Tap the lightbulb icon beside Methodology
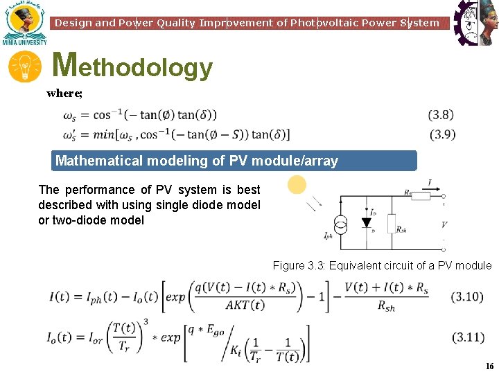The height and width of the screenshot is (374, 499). pos(24,68)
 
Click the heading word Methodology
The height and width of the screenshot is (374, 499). pos(132,66)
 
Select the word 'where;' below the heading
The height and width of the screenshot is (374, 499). pos(64,93)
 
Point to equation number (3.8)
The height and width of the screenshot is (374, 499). pos(441,115)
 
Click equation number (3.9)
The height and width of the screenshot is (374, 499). pos(442,134)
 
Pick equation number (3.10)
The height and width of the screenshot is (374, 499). pos(467,297)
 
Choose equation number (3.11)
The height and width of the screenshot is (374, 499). pos(467,337)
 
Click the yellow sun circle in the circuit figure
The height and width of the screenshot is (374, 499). pos(297,185)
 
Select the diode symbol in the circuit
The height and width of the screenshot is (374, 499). pos(366,223)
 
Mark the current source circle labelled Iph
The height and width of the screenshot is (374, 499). pos(340,224)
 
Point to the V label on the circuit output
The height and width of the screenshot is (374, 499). pos(444,224)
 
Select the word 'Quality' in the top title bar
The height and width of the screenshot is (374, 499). pos(176,23)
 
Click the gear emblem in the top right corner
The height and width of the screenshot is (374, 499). pos(475,22)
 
